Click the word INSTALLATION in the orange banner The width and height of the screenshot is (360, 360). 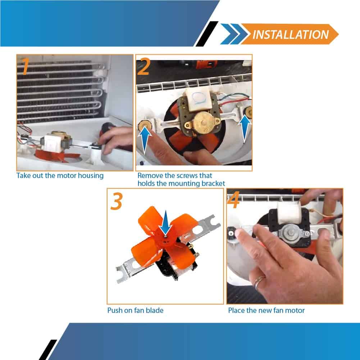(291, 35)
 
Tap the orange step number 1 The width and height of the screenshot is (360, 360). (25, 66)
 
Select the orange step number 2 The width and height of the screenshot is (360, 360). (144, 67)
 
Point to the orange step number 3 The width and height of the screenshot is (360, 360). (116, 201)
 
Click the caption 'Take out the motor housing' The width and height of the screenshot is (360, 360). (60, 176)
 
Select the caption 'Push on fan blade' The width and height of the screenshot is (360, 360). (135, 310)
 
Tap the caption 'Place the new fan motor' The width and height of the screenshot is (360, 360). (266, 310)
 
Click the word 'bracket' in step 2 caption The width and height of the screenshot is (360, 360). (213, 183)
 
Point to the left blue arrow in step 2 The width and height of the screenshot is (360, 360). (144, 140)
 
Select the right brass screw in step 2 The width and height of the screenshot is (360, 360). (248, 112)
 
